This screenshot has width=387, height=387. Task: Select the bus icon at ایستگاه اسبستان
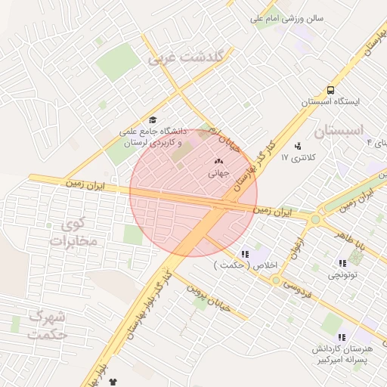click(x=330, y=90)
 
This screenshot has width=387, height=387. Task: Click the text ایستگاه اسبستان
click(x=330, y=101)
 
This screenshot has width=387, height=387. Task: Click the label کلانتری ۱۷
click(x=296, y=157)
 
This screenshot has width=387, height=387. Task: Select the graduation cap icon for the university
click(x=153, y=120)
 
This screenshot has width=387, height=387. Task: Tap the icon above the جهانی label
click(x=219, y=161)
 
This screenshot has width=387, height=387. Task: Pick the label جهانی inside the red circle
click(x=218, y=173)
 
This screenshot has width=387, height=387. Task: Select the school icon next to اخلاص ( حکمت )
click(x=244, y=254)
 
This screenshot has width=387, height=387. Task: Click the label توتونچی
click(x=342, y=276)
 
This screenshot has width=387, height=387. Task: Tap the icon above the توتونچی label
click(x=342, y=264)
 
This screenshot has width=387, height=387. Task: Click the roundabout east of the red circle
click(x=314, y=219)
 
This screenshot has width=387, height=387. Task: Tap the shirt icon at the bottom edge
click(x=113, y=383)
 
